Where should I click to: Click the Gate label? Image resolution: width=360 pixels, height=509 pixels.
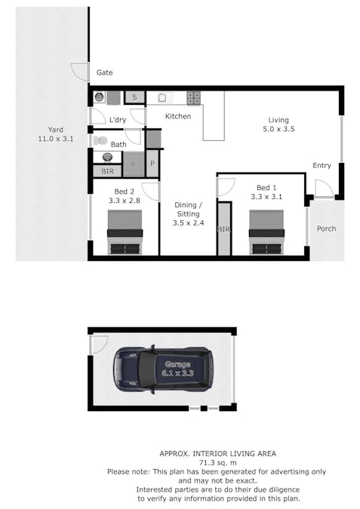(x=104, y=72)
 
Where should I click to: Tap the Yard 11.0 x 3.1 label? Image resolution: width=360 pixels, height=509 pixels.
(x=56, y=134)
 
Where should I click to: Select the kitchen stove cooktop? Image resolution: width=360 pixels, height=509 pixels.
(x=193, y=97)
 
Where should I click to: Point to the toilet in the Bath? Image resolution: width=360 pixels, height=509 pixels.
(x=100, y=140)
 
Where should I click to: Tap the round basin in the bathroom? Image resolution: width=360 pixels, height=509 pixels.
(x=106, y=158)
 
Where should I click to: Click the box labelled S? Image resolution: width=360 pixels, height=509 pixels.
(x=135, y=97)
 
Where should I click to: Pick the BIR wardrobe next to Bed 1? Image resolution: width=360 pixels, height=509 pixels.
(x=223, y=228)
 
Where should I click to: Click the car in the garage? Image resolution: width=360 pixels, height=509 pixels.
(x=162, y=369)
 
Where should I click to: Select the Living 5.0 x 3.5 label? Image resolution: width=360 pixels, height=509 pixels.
(x=278, y=124)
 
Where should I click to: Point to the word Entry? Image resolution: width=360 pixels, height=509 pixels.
(x=322, y=166)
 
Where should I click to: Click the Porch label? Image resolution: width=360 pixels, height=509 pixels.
(x=326, y=228)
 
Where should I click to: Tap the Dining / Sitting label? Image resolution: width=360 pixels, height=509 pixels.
(x=188, y=213)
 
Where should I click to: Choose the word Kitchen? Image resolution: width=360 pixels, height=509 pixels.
(x=178, y=116)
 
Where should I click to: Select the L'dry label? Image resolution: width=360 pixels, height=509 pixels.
(x=117, y=120)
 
